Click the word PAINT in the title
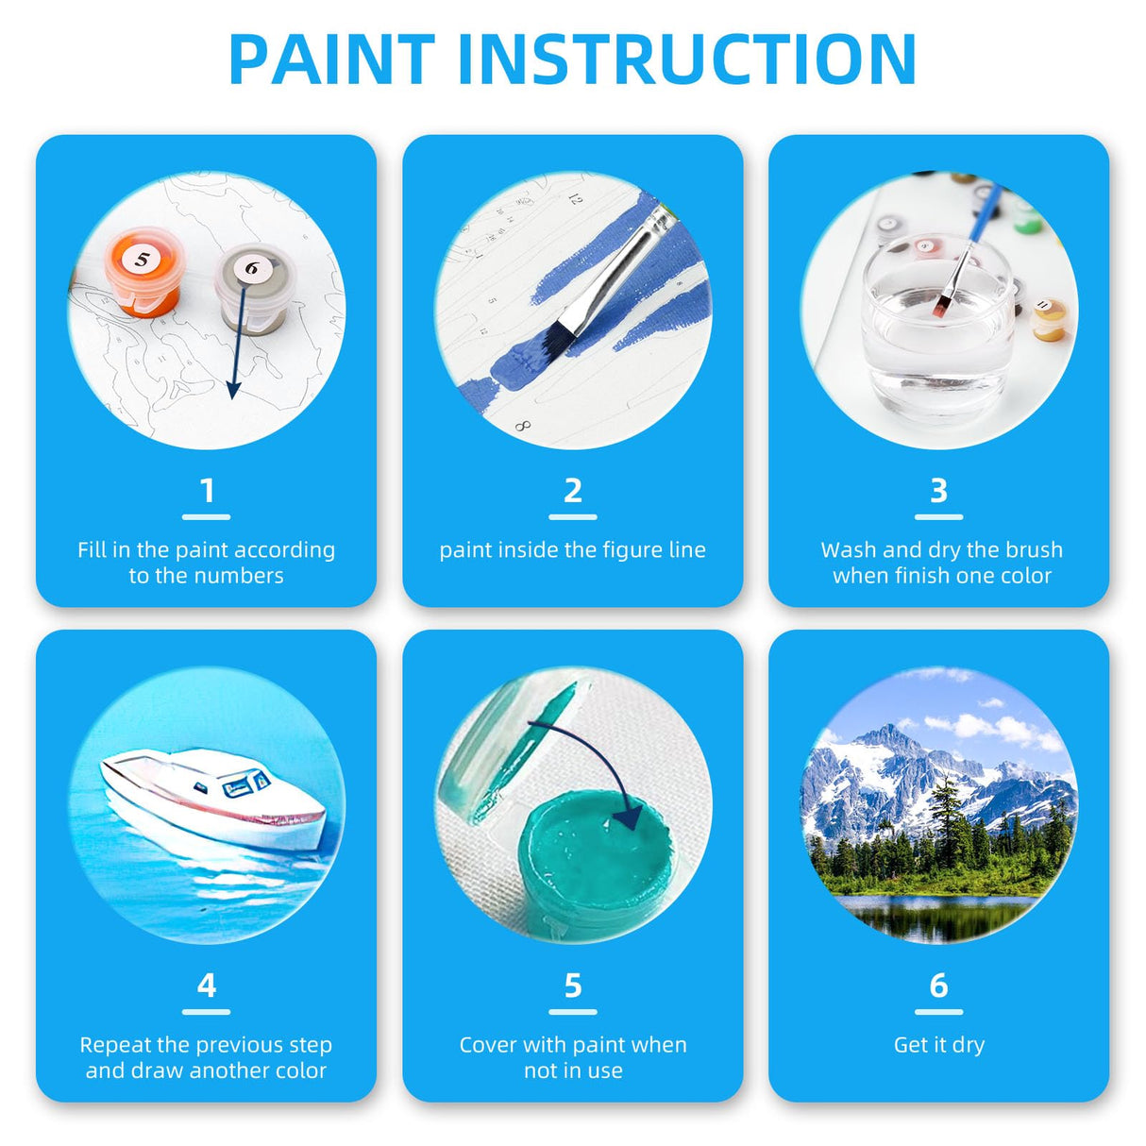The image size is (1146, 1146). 330,59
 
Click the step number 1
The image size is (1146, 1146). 207,491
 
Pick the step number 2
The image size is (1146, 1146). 573,491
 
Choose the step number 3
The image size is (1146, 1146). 938,491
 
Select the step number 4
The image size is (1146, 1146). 207,986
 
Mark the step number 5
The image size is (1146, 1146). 573,986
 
